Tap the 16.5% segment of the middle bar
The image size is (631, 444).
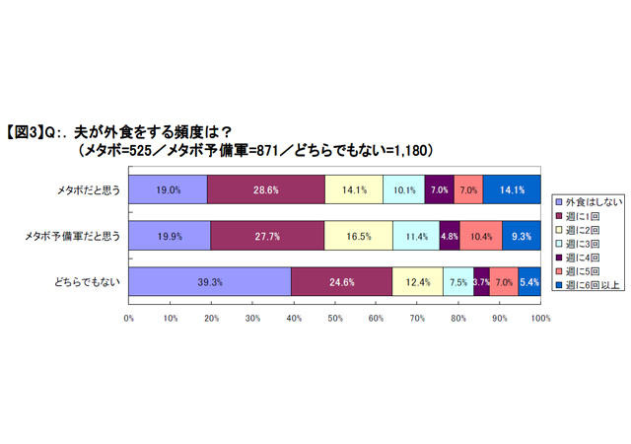(358, 236)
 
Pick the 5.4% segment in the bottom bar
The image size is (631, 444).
(529, 281)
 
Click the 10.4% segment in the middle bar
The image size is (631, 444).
(480, 236)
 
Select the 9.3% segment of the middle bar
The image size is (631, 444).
(522, 236)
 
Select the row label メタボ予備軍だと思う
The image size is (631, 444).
(74, 236)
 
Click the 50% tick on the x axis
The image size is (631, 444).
(335, 319)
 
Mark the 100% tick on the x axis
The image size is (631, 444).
(540, 319)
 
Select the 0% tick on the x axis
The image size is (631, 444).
(129, 319)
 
